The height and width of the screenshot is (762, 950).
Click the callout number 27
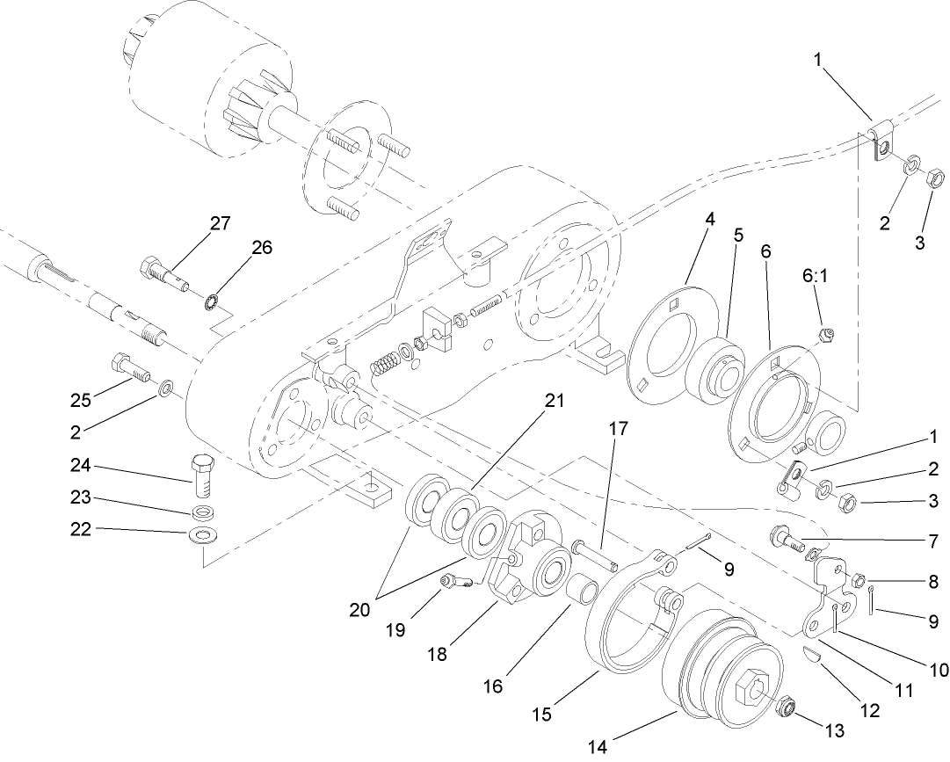pos(220,223)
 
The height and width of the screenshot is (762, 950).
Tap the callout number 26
pos(262,248)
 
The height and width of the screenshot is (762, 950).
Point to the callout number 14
pos(598,747)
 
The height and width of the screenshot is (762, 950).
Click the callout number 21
pos(553,401)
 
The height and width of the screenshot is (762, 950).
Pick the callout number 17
pos(618,430)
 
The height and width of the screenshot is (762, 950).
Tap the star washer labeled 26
pos(210,303)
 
